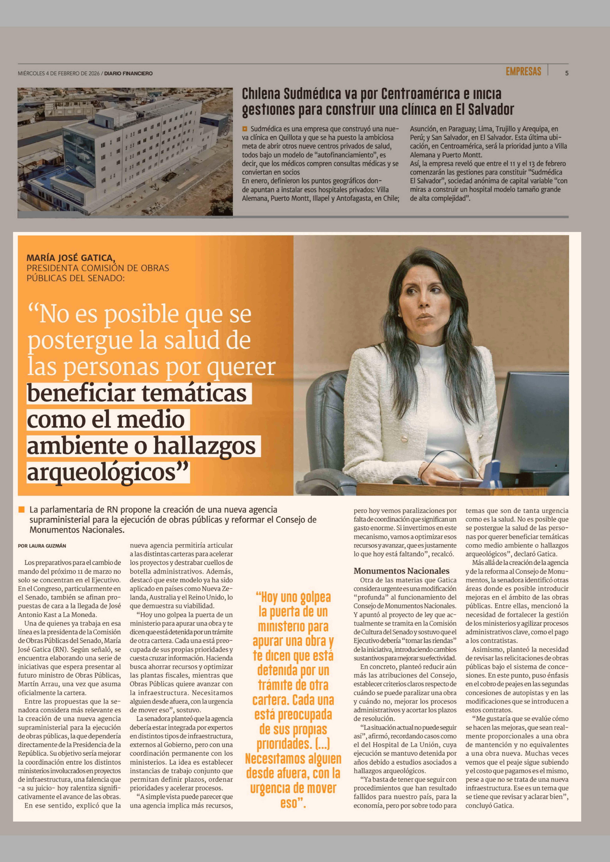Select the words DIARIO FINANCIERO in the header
128,74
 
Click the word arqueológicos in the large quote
101,472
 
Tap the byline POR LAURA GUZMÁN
42,546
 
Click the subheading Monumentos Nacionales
401,571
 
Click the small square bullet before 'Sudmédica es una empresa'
245,129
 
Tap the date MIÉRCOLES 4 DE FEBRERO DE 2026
59,74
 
